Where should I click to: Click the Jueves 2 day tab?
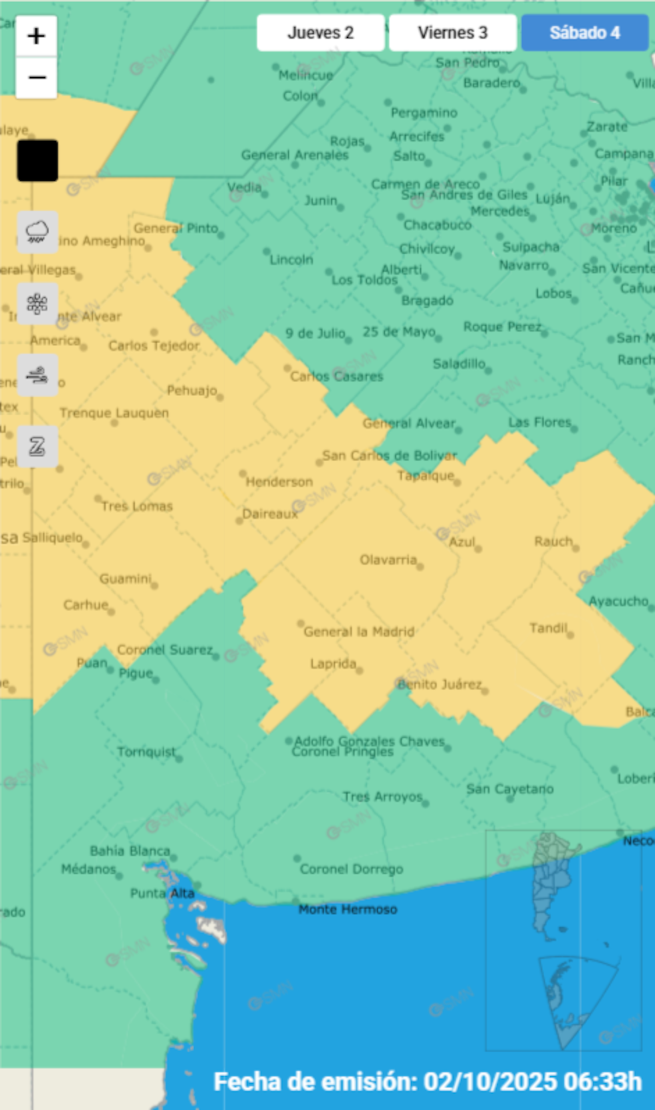pos(320,33)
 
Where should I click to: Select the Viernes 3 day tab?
pos(452,33)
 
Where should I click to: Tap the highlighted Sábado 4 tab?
pos(585,33)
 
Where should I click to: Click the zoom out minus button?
pos(37,77)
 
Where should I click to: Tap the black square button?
pos(37,160)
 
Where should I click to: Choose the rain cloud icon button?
pos(37,232)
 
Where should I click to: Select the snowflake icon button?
pos(37,303)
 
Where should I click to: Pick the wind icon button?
pos(37,375)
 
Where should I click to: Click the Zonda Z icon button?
pos(37,446)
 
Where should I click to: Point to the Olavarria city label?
pos(388,560)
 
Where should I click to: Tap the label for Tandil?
pos(549,628)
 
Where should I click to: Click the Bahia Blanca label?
pos(130,851)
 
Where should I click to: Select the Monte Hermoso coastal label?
pos(348,909)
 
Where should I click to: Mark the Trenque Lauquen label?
pos(114,413)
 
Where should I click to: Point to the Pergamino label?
pos(424,113)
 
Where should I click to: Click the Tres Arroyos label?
pos(383,797)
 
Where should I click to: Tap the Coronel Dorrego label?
pos(352,869)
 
